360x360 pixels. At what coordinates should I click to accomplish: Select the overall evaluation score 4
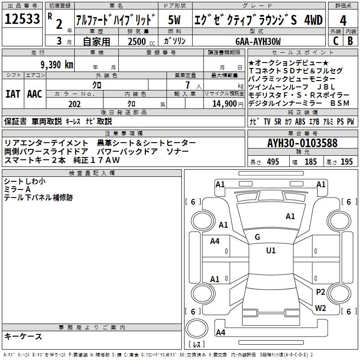[x=343, y=21]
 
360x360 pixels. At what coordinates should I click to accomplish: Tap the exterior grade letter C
[x=335, y=41]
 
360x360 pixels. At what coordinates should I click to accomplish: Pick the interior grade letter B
[x=350, y=41]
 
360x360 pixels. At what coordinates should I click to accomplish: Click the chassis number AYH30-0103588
[x=302, y=143]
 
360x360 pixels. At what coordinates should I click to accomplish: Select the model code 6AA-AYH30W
[x=258, y=41]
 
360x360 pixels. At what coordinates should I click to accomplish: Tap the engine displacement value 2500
[x=136, y=41]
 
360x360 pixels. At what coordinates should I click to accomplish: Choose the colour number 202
[x=74, y=104]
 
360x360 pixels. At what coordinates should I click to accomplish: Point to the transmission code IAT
[x=13, y=94]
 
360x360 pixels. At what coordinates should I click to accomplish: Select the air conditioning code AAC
[x=34, y=94]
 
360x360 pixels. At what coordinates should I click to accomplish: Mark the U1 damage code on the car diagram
[x=270, y=251]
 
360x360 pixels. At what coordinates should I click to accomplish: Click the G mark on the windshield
[x=257, y=237]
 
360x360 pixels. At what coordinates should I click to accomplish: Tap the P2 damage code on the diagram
[x=320, y=292]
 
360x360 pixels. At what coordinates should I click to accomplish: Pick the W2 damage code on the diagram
[x=320, y=308]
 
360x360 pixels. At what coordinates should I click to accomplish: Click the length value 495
[x=273, y=162]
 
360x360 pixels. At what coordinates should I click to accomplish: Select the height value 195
[x=346, y=162]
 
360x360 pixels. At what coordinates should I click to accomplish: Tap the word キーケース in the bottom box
[x=23, y=336]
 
